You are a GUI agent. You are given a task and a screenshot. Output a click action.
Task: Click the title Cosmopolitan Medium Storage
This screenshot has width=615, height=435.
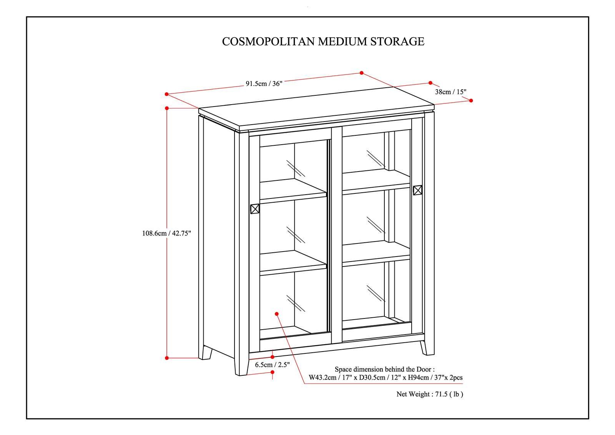point(323,42)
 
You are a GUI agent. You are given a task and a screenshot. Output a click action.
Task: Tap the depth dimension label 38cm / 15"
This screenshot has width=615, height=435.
point(450,92)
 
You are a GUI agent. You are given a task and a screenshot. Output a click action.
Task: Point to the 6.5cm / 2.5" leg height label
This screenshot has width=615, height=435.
point(272,365)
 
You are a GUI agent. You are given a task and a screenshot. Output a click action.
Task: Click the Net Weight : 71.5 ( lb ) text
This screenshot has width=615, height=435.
point(430,394)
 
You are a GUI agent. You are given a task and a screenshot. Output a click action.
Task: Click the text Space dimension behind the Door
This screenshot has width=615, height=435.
point(385,369)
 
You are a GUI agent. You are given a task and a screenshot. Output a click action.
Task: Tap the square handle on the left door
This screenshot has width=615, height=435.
point(255,209)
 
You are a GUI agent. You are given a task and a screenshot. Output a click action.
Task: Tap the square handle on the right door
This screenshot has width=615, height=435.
point(417,190)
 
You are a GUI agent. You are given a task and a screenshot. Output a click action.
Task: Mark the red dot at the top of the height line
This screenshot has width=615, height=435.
point(167,108)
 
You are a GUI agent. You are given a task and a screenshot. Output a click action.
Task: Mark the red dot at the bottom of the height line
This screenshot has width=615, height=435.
point(167,358)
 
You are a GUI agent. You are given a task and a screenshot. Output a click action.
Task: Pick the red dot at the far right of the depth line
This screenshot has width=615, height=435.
point(471,100)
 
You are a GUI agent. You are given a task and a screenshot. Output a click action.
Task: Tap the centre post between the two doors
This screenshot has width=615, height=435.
point(336,235)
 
